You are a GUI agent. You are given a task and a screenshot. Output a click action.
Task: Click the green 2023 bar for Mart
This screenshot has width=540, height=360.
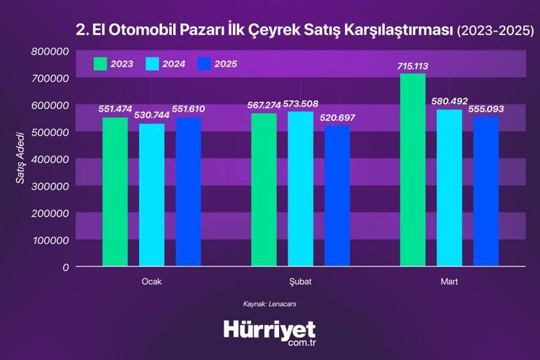click(412, 170)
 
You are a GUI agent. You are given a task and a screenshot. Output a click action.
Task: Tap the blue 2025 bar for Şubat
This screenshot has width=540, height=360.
click(337, 196)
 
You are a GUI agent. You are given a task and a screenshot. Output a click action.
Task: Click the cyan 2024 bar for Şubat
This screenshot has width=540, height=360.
click(301, 189)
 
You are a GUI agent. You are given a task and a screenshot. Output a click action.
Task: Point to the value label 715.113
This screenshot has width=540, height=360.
click(412, 66)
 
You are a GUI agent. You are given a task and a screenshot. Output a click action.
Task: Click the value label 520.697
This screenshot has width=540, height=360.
click(337, 118)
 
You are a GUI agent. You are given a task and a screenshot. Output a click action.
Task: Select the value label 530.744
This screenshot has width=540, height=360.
click(151, 116)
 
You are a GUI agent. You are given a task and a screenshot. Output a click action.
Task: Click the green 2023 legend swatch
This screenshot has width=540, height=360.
click(100, 64)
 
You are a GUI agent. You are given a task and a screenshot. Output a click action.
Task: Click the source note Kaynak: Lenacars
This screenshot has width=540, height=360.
click(270, 304)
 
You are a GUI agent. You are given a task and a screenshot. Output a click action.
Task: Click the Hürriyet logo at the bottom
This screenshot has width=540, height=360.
click(270, 332)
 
